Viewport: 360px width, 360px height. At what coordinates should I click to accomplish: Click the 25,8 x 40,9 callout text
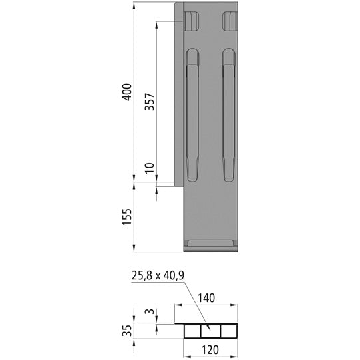tap(159, 275)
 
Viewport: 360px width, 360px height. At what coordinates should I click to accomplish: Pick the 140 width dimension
tap(206, 299)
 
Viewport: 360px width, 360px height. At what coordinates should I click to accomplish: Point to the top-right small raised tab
tap(230, 21)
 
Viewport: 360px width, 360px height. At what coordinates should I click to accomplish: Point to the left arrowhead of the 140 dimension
tap(178, 305)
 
